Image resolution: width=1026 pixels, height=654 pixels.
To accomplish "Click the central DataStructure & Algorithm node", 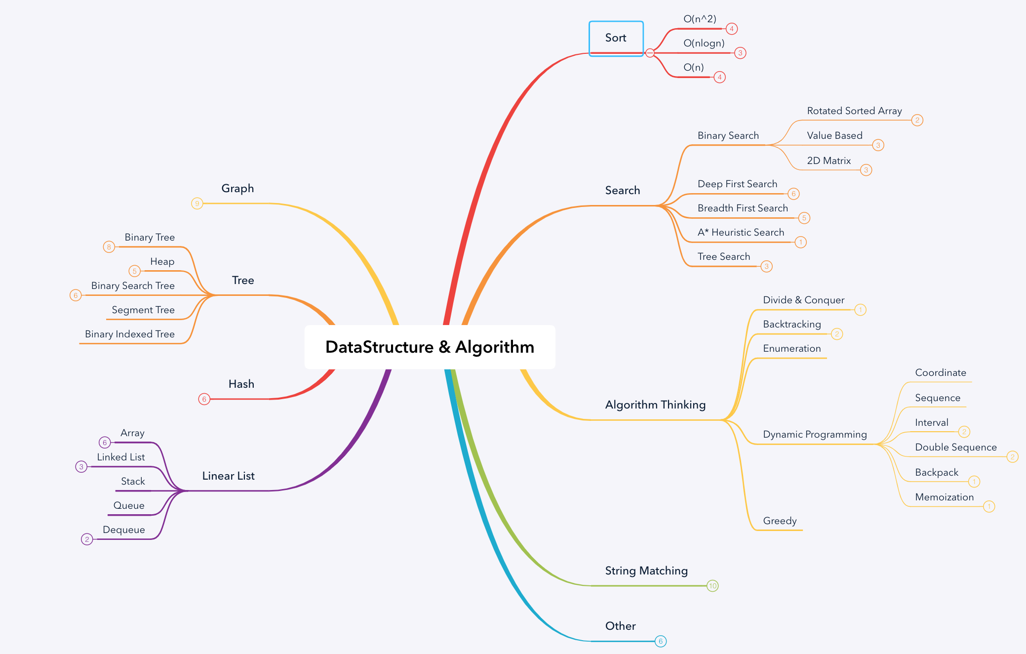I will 430,347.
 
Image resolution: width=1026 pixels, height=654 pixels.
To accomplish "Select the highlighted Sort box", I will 616,38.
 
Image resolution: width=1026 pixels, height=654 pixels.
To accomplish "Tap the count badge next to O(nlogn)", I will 740,53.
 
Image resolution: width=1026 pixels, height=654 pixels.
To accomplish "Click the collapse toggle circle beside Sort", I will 650,53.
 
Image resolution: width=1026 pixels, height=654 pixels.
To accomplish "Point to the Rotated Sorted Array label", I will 854,111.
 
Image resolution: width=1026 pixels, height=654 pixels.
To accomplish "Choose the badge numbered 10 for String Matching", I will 712,586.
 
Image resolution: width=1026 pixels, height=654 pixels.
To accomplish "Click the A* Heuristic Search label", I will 741,233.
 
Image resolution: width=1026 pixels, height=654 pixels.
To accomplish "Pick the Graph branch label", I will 237,189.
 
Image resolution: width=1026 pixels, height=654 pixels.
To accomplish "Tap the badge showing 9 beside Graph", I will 197,204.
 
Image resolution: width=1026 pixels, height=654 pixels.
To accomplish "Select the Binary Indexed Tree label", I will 130,334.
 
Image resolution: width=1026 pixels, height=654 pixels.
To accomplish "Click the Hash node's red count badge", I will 204,399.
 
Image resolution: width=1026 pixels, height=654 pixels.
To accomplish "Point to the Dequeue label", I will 124,530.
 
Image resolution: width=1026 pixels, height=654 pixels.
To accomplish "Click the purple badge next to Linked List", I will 81,467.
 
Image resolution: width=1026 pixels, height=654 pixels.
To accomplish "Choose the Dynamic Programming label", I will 815,435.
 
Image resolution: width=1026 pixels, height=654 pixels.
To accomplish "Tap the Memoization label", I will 944,497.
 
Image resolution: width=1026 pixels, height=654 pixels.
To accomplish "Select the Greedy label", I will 780,521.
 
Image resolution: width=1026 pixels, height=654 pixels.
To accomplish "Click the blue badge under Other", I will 660,641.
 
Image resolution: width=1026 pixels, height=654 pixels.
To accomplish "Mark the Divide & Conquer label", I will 803,300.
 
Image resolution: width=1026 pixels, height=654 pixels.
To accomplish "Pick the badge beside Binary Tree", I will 109,247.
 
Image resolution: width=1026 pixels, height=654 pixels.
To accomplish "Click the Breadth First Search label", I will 743,208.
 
